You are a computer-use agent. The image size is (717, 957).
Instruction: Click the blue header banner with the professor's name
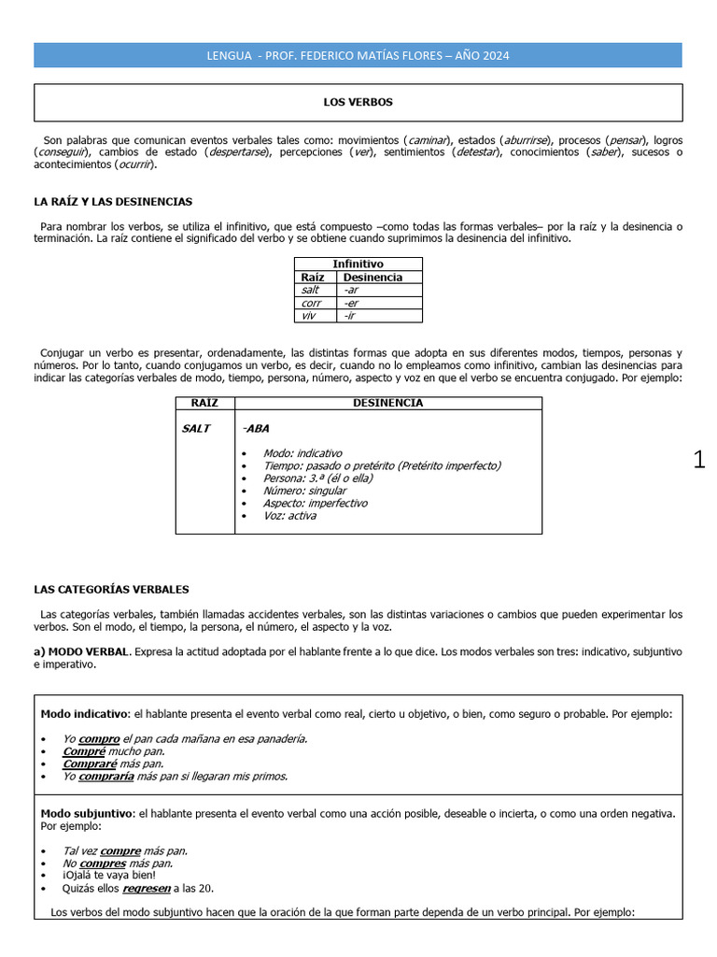[358, 56]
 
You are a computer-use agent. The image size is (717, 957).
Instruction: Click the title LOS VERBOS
[358, 102]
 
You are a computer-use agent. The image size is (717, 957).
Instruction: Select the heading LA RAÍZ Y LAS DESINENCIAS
[113, 201]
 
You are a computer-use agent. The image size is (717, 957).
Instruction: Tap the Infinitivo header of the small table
[358, 264]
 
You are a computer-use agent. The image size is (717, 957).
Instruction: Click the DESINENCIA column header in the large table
[387, 403]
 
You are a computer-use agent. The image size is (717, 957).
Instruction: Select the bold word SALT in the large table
[196, 429]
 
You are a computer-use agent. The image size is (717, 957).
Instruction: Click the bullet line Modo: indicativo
[302, 452]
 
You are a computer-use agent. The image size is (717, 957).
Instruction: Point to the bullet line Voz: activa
[289, 516]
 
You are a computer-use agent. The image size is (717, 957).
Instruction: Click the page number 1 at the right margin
[699, 460]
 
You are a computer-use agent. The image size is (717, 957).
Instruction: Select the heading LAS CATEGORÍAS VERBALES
[111, 590]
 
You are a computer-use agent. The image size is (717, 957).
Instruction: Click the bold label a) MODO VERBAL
[82, 650]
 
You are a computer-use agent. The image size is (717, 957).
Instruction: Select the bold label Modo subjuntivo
[87, 814]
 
